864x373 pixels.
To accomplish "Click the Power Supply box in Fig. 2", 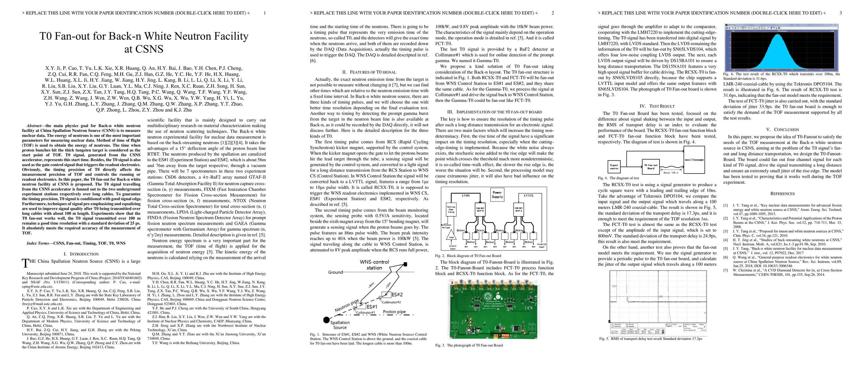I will (x=497, y=195).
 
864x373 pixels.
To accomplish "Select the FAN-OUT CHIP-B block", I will (x=480, y=209).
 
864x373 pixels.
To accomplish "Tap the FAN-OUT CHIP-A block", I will (x=519, y=209).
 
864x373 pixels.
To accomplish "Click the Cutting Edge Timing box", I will (x=451, y=209).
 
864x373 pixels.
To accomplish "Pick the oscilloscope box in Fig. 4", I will (x=694, y=160).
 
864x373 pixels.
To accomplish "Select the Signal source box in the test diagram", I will (x=614, y=166).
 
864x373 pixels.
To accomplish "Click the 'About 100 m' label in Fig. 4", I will (x=670, y=173).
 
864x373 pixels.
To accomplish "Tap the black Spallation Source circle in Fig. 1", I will (x=326, y=320).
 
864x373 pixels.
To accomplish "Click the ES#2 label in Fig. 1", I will (x=397, y=294).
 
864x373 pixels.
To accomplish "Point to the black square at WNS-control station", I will (x=405, y=264).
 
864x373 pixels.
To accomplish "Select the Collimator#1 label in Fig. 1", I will (x=365, y=313).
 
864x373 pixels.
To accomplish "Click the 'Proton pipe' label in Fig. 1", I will (x=394, y=312).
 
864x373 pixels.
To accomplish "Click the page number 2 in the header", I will (x=553, y=13).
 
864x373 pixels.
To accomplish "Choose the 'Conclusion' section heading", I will (x=782, y=130).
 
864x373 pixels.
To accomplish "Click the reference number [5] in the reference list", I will (x=725, y=249).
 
